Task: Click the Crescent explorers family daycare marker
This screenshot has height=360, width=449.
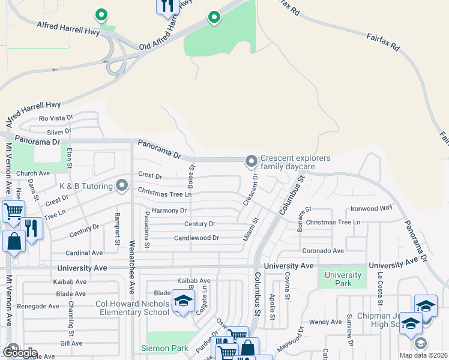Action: (x=251, y=161)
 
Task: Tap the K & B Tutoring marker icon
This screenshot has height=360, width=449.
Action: (x=122, y=185)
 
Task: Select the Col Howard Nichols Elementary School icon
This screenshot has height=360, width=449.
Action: (x=182, y=302)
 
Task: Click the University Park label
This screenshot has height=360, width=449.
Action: (x=343, y=279)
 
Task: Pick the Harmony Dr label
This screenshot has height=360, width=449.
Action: (x=170, y=211)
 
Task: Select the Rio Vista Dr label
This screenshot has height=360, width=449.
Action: (x=55, y=118)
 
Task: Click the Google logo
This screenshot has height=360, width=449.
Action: (x=20, y=353)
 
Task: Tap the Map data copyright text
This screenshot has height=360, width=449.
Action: (x=424, y=355)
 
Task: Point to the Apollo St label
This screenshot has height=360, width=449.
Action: (x=272, y=307)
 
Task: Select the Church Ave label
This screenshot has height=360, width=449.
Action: (x=33, y=173)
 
